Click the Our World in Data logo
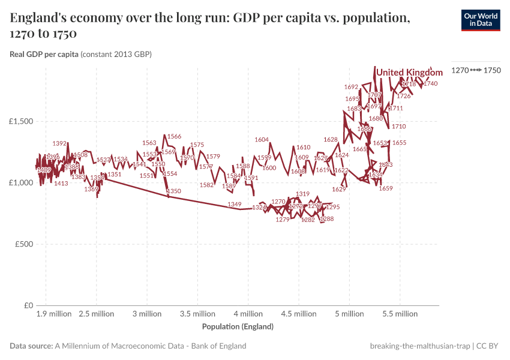tap(481, 20)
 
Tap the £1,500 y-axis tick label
tap(21, 121)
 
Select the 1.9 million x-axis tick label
tap(53, 314)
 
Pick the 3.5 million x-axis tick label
tap(197, 314)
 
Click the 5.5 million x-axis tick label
tap(400, 314)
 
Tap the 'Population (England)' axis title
tap(238, 327)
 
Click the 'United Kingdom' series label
tap(409, 73)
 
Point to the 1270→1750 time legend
tap(476, 71)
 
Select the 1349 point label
tap(235, 205)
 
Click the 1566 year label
tap(174, 137)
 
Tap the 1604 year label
tap(262, 140)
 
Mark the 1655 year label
tap(399, 143)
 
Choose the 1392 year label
tap(60, 143)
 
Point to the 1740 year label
tap(430, 84)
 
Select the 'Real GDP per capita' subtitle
tap(44, 55)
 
